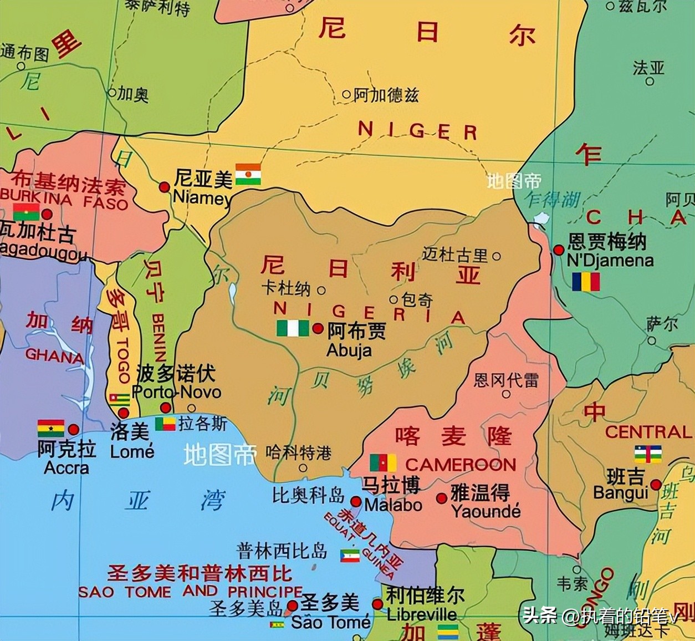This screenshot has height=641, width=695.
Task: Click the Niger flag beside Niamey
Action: pos(248,174)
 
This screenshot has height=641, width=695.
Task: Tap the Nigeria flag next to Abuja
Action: pos(293,328)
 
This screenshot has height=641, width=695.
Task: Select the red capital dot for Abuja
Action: pos(318,328)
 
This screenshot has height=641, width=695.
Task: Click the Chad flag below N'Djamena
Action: pos(586,282)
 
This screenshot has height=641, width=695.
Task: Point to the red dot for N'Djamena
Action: pos(559,250)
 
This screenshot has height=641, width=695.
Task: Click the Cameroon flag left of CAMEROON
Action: pos(383,462)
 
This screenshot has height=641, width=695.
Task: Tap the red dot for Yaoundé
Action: pos(441,498)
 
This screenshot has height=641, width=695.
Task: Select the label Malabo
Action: pos(393,505)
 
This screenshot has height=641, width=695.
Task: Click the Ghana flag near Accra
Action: pos(51,429)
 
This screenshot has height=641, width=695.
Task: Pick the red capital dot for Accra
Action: pos(74,429)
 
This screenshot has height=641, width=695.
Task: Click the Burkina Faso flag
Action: pos(27,212)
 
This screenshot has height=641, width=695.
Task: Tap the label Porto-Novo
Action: pos(176,392)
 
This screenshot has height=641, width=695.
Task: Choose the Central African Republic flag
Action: pos(648,454)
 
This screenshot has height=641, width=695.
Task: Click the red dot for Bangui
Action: pos(656,484)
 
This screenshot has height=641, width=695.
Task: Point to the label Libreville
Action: pos(422,614)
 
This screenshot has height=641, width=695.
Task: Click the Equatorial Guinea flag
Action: pos(350,555)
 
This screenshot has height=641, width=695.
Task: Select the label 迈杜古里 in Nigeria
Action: pos(455,255)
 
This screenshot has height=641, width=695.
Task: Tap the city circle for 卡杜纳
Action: pos(321,290)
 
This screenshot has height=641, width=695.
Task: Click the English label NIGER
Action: pos(417,131)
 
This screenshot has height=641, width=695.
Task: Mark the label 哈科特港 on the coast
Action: pos(298,453)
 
